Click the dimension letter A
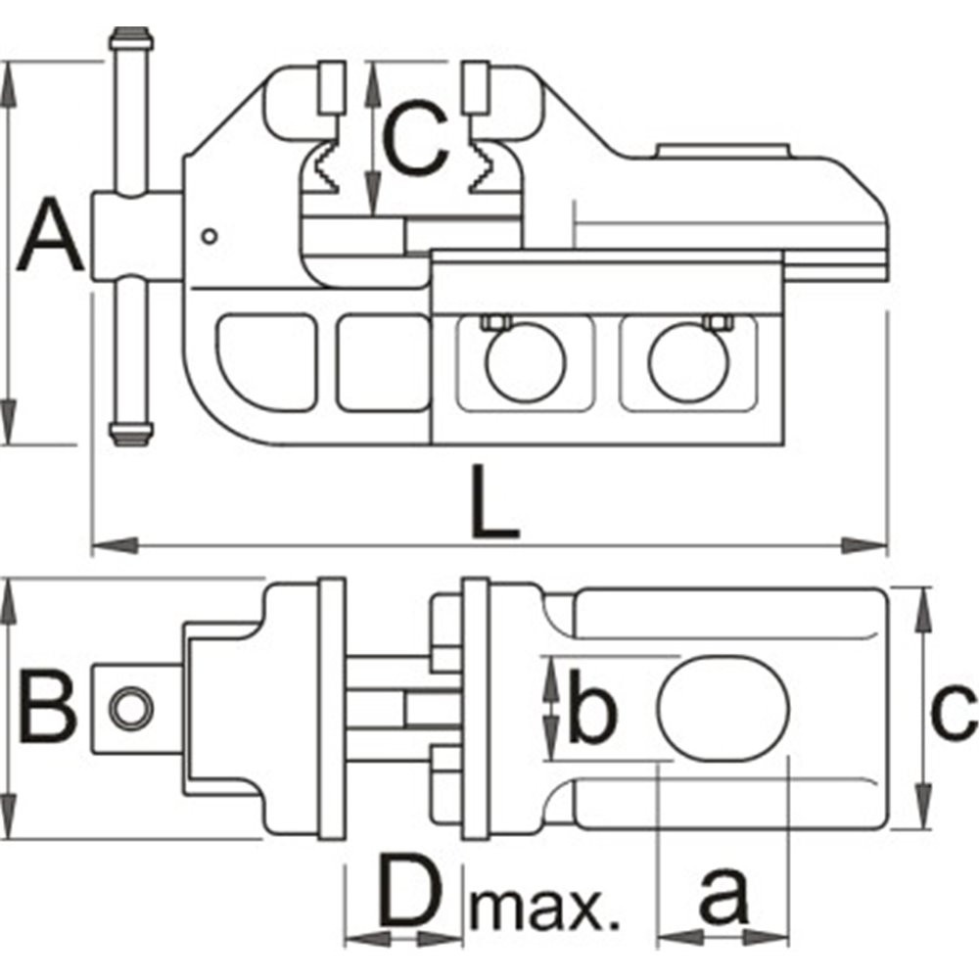(51, 234)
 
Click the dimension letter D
(409, 892)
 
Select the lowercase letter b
(592, 706)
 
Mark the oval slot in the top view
(723, 708)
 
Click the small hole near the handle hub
(210, 237)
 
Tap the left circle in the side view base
(526, 363)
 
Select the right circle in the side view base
(689, 363)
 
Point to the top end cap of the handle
(131, 40)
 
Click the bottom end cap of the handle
(131, 434)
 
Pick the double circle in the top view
(131, 708)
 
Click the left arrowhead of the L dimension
(115, 545)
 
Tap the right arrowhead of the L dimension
(864, 545)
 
